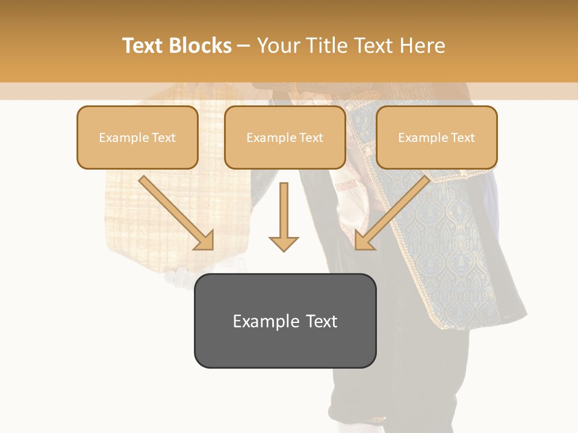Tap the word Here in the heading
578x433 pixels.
pyautogui.click(x=423, y=46)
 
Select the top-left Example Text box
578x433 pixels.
pyautogui.click(x=137, y=138)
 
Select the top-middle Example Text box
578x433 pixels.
pyautogui.click(x=285, y=138)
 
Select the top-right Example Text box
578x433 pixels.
pyautogui.click(x=437, y=138)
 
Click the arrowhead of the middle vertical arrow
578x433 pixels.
pyautogui.click(x=284, y=244)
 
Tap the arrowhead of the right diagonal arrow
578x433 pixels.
pyautogui.click(x=364, y=241)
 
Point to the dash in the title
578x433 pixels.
pyautogui.click(x=244, y=46)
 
